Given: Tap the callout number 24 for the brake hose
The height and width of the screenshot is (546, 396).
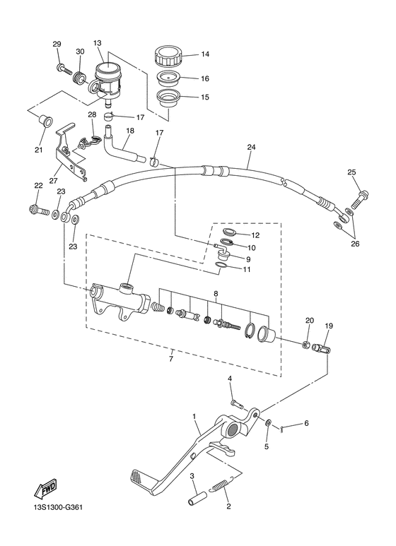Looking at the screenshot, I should (250, 148).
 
